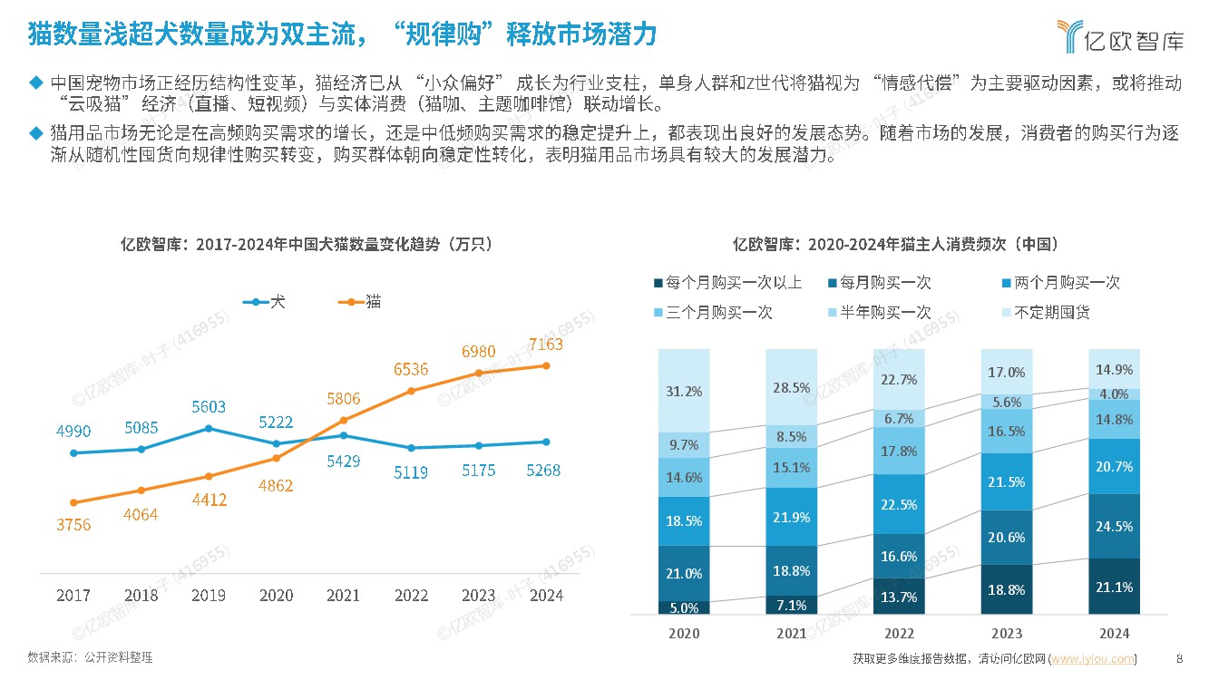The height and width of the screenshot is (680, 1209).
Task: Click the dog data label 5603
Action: coord(208,407)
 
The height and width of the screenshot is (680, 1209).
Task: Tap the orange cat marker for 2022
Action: coord(411,391)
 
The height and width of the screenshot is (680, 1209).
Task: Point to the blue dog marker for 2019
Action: coord(209,428)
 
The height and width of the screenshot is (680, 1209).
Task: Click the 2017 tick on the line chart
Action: coord(73,596)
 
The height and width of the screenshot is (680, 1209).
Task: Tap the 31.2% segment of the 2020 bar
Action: coord(684,391)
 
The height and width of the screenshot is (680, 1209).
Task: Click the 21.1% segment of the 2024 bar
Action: coord(1114,587)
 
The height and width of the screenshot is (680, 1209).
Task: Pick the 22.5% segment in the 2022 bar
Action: coord(899,504)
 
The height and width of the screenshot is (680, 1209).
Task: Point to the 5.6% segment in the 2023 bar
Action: coord(1006,402)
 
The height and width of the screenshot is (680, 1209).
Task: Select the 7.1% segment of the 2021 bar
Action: coord(791,604)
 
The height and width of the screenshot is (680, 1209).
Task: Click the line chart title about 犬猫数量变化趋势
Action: coord(307,244)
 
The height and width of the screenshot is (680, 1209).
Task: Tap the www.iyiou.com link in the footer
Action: coord(1092,658)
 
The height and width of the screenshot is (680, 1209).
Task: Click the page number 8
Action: coord(1179,658)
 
